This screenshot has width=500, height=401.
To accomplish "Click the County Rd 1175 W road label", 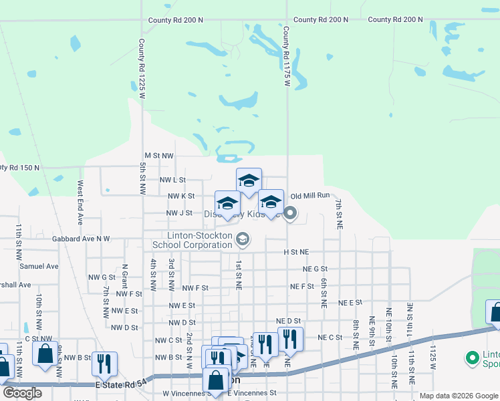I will (x=286, y=57).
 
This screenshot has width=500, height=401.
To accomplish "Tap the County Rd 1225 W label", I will (x=142, y=69).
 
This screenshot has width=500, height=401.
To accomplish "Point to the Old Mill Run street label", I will (x=311, y=196).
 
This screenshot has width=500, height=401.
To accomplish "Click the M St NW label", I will (x=159, y=155).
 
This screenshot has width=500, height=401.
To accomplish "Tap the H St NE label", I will (x=296, y=252).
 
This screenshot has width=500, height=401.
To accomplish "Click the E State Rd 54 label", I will (x=120, y=386).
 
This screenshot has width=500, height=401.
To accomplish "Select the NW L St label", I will (x=172, y=180).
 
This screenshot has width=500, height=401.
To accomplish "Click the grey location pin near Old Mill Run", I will (x=290, y=214).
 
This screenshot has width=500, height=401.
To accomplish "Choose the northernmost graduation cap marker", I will (x=249, y=180).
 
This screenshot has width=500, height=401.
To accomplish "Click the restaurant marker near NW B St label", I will (x=104, y=364).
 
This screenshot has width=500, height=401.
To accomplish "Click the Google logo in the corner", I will (x=22, y=393).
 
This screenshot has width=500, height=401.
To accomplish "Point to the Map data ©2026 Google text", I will (x=458, y=396).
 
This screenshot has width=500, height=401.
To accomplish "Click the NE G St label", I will (x=315, y=269).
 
